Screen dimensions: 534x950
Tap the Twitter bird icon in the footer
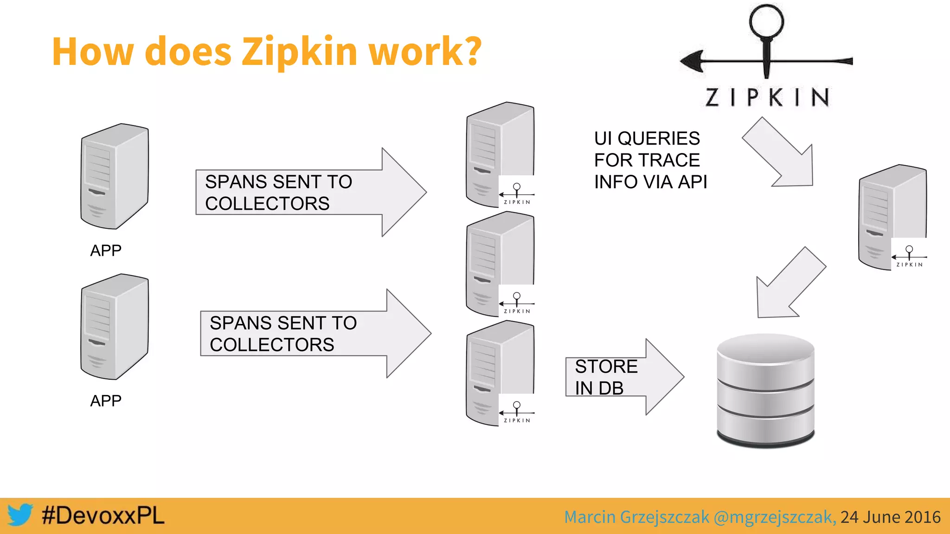20,515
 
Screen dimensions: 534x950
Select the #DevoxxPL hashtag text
103,515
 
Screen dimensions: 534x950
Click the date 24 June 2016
890,517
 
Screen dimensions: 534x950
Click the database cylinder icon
765,391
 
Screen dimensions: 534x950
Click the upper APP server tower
115,176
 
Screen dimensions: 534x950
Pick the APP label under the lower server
106,400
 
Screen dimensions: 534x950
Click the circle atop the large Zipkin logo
766,21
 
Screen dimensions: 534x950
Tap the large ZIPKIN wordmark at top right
768,97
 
